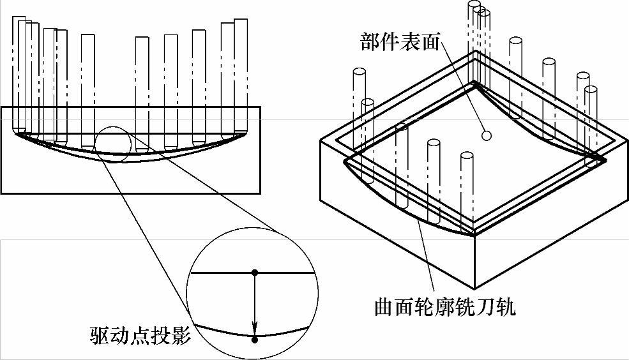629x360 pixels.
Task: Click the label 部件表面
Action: [x=400, y=42]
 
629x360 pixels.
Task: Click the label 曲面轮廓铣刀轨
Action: [x=445, y=308]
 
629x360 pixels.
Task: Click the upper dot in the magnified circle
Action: [x=255, y=273]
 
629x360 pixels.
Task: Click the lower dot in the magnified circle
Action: [x=255, y=340]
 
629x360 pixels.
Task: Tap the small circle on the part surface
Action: [x=486, y=135]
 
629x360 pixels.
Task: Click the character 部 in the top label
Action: [x=369, y=42]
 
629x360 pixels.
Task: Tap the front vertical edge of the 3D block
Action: [x=474, y=262]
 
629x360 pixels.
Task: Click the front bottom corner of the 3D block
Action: [x=474, y=289]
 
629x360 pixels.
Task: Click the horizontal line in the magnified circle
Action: [x=217, y=273]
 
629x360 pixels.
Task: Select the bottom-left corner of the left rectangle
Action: [x=1, y=193]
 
